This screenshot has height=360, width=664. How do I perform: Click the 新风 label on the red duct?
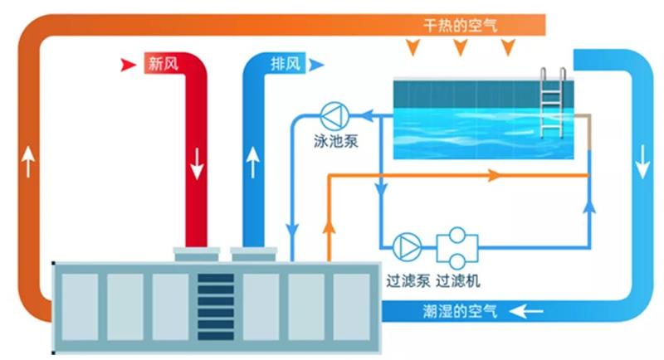coord(162,64)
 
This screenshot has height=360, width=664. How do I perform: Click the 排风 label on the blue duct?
coord(286,64)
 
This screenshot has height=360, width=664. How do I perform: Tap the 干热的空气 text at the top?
coord(460,26)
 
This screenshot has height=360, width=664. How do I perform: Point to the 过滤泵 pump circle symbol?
coord(407,245)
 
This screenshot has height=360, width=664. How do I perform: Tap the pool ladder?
coord(552,104)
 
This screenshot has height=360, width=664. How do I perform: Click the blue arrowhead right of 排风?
coord(318,64)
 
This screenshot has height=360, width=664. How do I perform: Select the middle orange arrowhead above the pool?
coord(460,49)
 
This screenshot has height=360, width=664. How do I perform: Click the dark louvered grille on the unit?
coord(216,304)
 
